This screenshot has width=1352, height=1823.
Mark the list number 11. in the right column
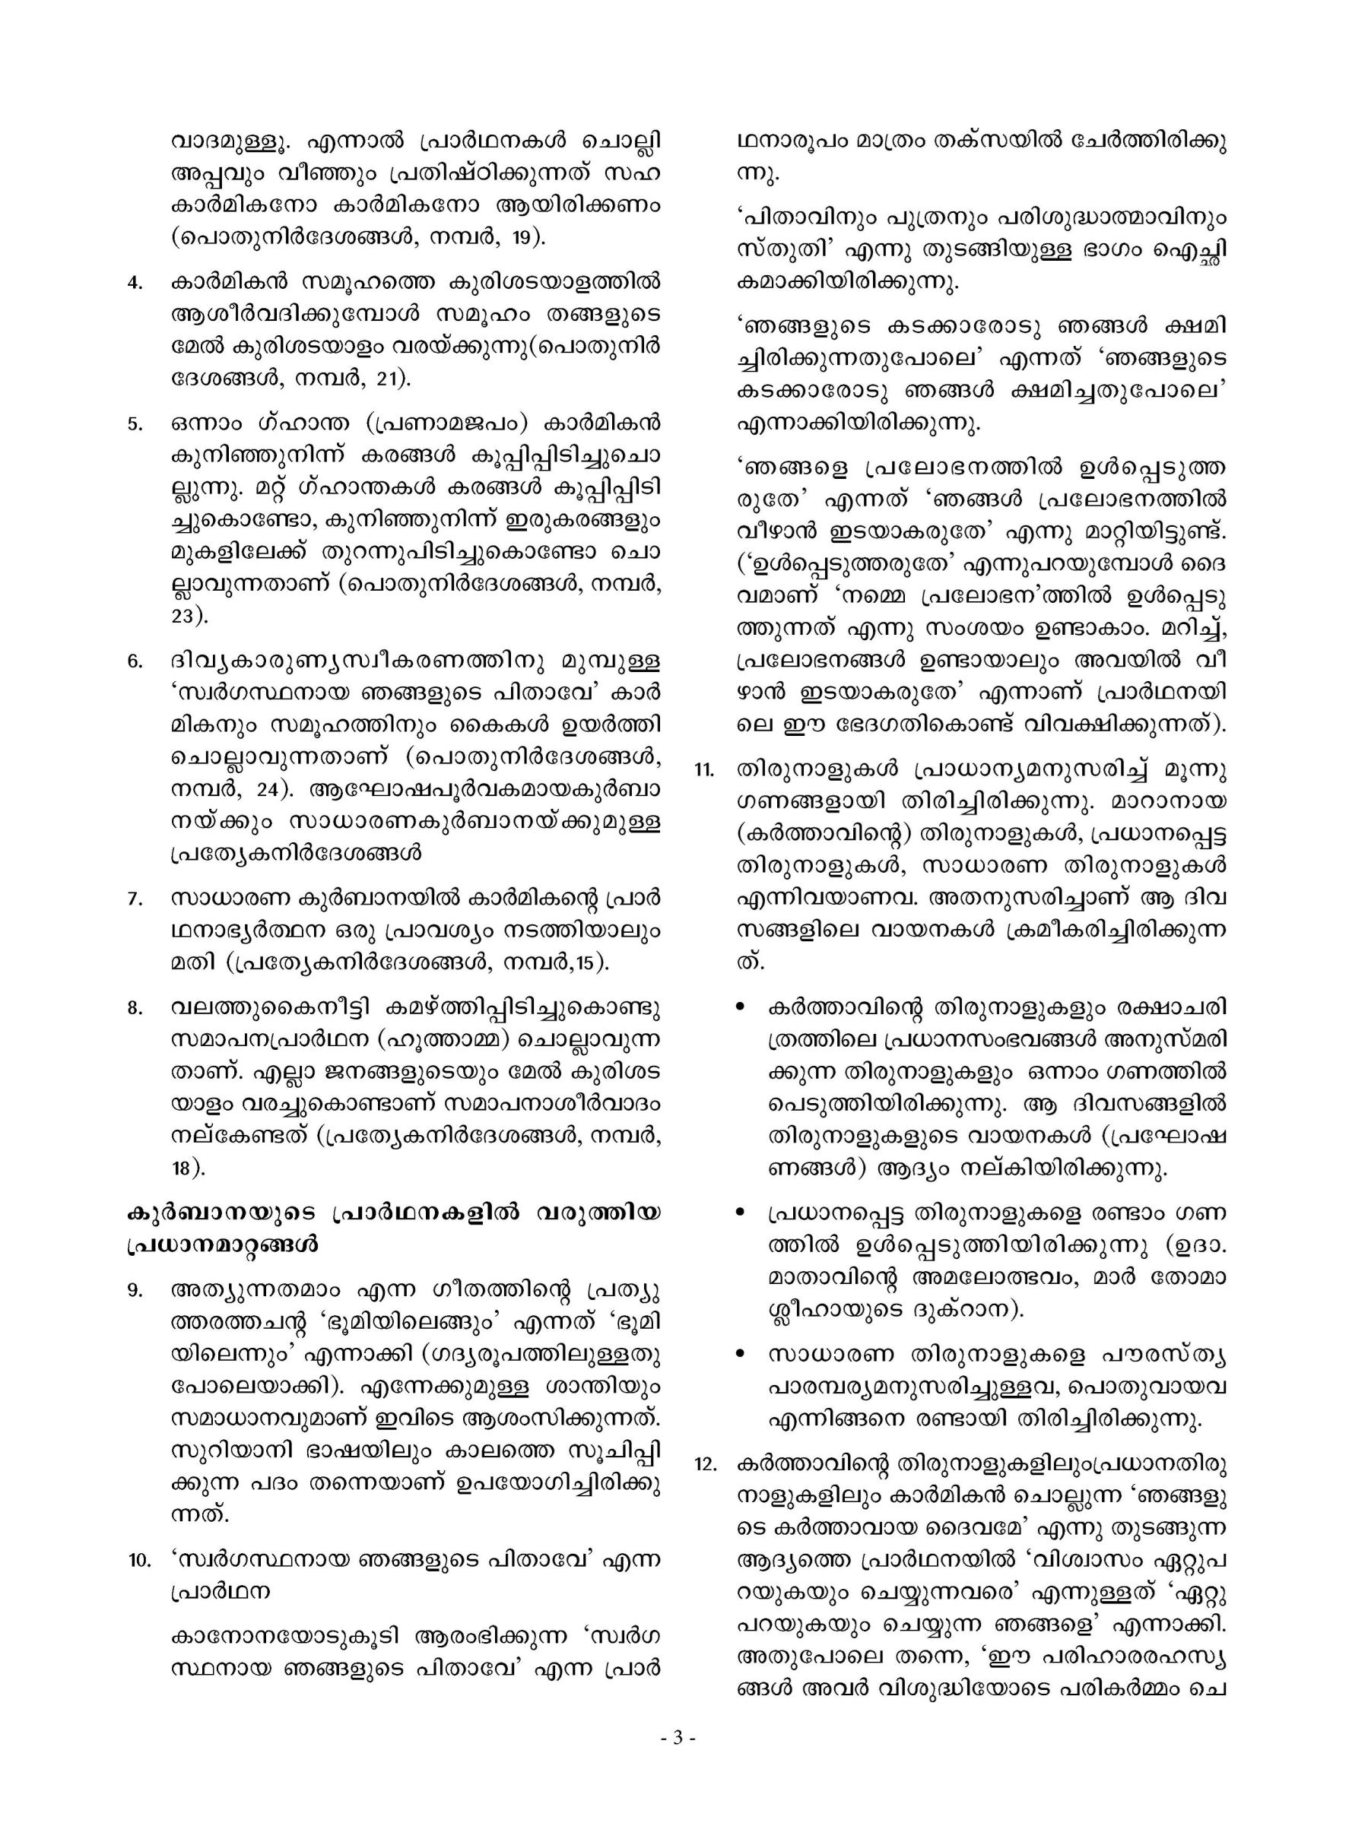(x=703, y=771)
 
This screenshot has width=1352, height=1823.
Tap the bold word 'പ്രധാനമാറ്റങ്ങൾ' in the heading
(x=222, y=1246)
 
